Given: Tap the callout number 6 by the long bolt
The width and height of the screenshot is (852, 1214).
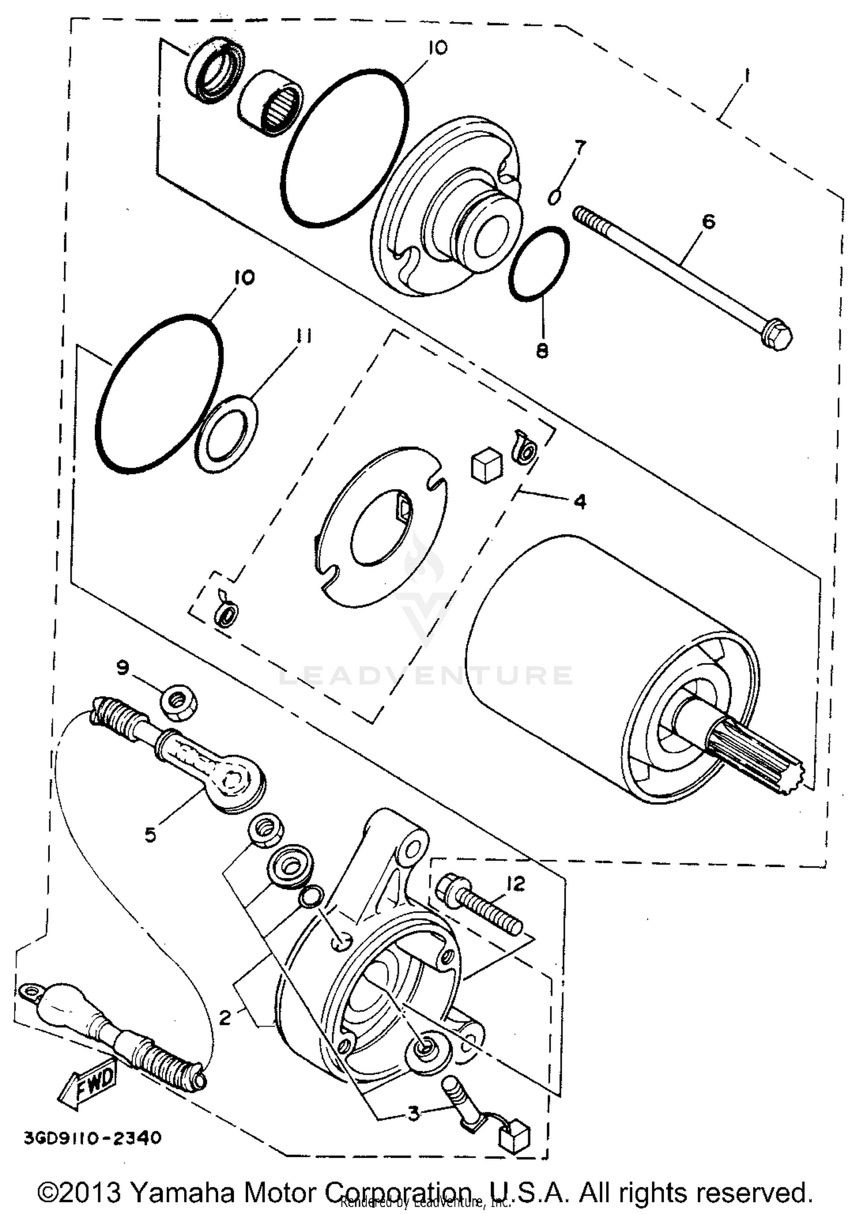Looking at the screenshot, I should coord(708,222).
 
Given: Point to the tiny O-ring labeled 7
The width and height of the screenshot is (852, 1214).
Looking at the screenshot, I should coord(555,197).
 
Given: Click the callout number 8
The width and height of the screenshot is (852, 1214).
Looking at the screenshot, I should coord(542,351).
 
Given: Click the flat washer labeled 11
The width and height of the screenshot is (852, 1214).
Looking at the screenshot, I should coord(225,435).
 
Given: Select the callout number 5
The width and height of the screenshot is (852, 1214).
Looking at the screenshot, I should coord(150,835).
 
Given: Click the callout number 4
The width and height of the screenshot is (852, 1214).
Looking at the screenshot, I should coord(580,501).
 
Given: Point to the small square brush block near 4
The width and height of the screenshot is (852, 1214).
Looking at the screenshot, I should coord(487,466).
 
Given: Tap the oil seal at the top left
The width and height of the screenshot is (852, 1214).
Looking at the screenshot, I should coord(214,70).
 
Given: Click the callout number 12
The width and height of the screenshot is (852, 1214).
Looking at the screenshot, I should coord(515,884).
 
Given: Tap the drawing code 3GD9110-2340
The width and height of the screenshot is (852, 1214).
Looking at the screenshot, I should coord(93,1138).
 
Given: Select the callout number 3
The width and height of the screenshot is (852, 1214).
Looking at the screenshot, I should coord(414,1113).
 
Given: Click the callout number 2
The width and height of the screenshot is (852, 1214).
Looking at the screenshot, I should coord(225,1017).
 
